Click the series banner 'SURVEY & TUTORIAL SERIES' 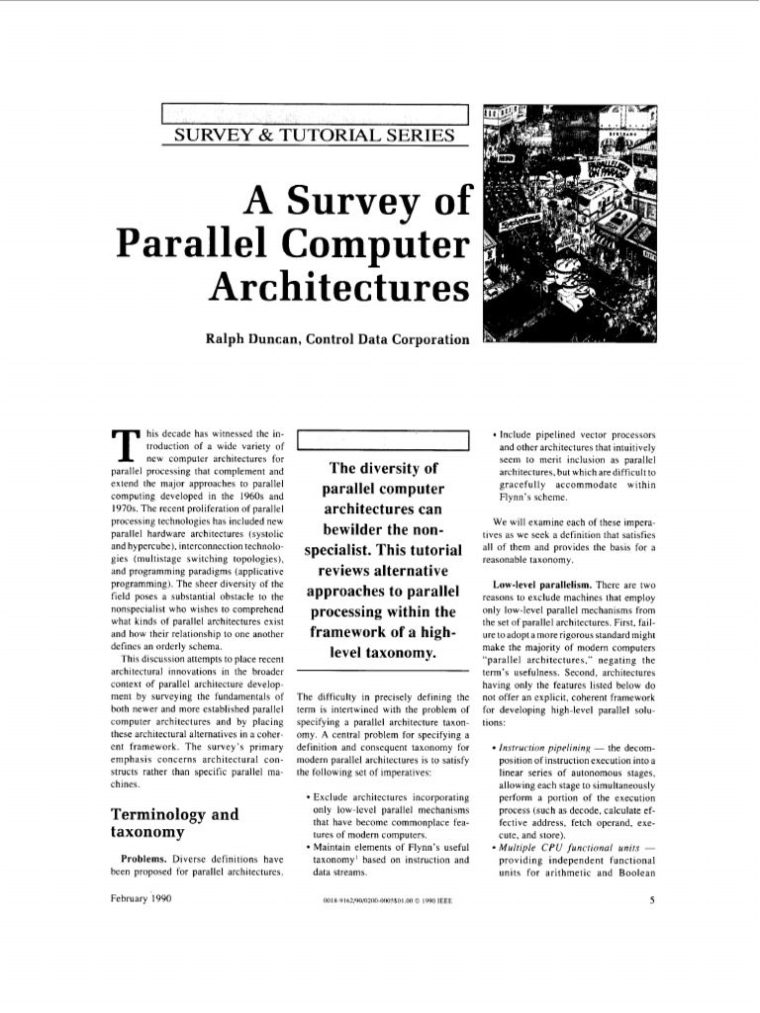point(314,135)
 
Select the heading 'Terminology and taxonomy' point(174,823)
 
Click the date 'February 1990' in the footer point(142,900)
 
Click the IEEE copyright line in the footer point(381,902)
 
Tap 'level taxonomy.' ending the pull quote point(381,654)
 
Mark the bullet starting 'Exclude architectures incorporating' point(390,797)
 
